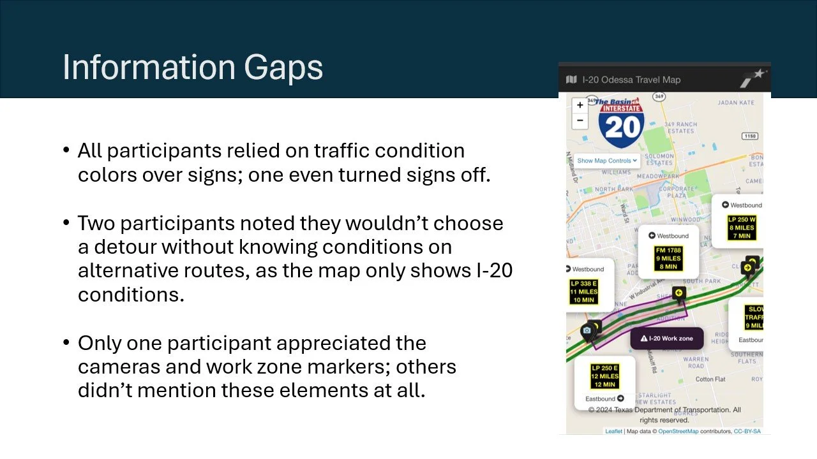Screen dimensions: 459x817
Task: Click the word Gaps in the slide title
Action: pos(281,68)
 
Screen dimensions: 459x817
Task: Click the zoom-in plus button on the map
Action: pos(580,105)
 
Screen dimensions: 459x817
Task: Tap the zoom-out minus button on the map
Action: pos(580,120)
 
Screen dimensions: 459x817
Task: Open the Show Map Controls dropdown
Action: pos(607,161)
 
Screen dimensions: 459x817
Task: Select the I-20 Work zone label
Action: pos(667,339)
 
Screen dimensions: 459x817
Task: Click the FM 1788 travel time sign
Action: pos(668,258)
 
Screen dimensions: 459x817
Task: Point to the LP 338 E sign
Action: pos(583,291)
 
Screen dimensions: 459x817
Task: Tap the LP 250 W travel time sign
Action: pos(741,228)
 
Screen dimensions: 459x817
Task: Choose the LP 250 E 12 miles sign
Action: pos(604,376)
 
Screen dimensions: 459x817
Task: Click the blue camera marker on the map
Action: pos(587,330)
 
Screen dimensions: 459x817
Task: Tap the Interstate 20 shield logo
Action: pos(621,122)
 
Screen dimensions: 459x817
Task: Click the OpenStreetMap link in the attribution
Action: pos(678,432)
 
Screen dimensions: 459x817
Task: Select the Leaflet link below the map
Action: pos(613,432)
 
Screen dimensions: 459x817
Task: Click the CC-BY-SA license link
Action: pos(747,432)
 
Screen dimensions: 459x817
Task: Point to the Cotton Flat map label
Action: pos(710,379)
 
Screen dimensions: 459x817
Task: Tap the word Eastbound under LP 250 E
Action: pos(600,399)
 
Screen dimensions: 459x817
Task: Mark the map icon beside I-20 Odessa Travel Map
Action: pos(571,80)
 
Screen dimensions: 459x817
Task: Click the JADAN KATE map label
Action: pos(735,103)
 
